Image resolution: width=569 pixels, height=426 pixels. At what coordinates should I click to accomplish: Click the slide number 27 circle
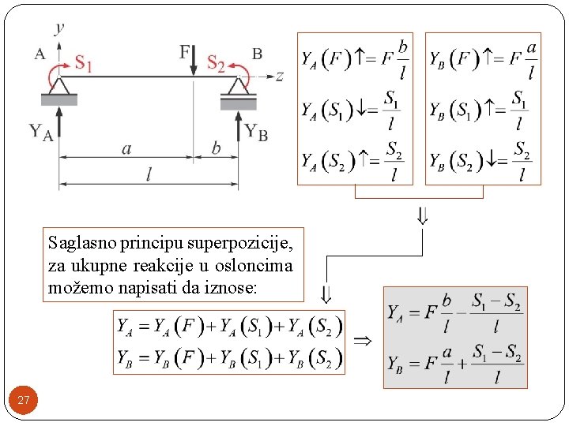click(24, 400)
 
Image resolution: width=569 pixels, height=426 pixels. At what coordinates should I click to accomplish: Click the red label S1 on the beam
click(83, 62)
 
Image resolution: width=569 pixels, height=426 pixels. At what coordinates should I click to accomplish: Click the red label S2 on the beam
click(215, 62)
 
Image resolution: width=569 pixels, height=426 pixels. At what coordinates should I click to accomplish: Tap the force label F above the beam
click(186, 53)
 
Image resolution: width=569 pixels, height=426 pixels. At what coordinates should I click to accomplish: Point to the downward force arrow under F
click(194, 66)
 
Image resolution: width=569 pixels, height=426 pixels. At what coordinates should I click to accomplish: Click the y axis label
click(60, 28)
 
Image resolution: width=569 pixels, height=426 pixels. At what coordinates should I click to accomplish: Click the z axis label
click(279, 76)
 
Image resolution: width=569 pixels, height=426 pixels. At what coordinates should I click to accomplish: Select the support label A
click(40, 54)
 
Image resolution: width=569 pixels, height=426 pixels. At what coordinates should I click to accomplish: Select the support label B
click(257, 54)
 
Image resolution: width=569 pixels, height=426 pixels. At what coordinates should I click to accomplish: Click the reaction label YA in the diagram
click(40, 131)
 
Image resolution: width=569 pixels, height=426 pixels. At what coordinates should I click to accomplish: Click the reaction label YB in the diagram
click(256, 131)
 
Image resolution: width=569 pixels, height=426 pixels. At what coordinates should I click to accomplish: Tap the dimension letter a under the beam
click(126, 148)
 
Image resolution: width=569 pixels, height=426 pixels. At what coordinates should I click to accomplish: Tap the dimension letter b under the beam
click(216, 148)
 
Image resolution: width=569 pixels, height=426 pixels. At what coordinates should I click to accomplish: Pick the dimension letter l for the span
click(149, 175)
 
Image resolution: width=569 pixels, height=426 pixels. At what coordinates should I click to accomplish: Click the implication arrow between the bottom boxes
click(362, 341)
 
